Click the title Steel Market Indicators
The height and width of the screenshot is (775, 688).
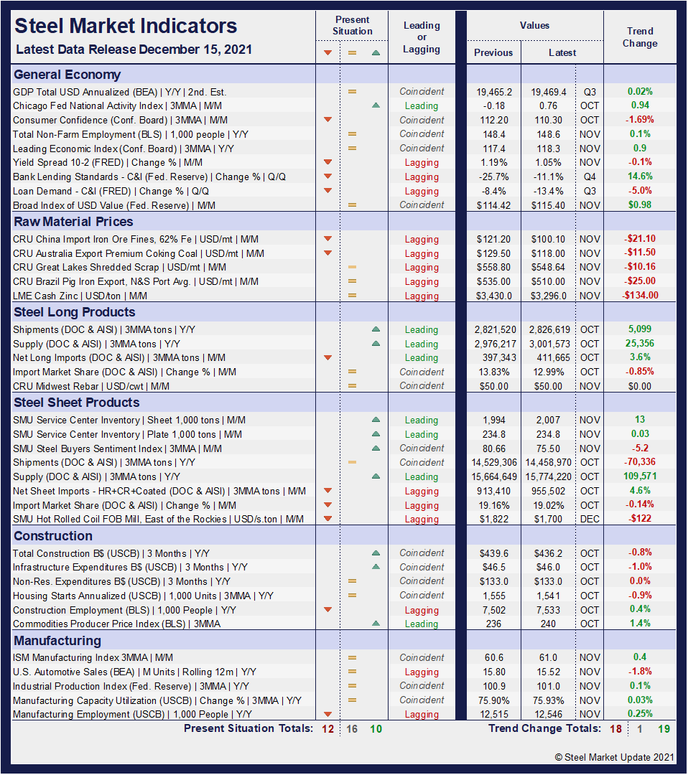126,27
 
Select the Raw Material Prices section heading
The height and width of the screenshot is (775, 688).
73,222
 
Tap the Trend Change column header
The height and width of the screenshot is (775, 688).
640,37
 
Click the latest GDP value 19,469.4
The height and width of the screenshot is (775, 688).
549,92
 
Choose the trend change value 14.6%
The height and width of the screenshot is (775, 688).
640,177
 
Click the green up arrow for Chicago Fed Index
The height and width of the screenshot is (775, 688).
376,105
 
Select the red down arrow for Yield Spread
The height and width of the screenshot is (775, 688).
327,162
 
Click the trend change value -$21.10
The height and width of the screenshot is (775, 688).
640,239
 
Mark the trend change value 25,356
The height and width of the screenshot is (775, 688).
640,344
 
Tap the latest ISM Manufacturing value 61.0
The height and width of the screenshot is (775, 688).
549,657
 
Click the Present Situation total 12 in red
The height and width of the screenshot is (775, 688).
328,729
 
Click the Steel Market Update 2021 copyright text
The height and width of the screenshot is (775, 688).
614,757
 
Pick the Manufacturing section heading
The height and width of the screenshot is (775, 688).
57,641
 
